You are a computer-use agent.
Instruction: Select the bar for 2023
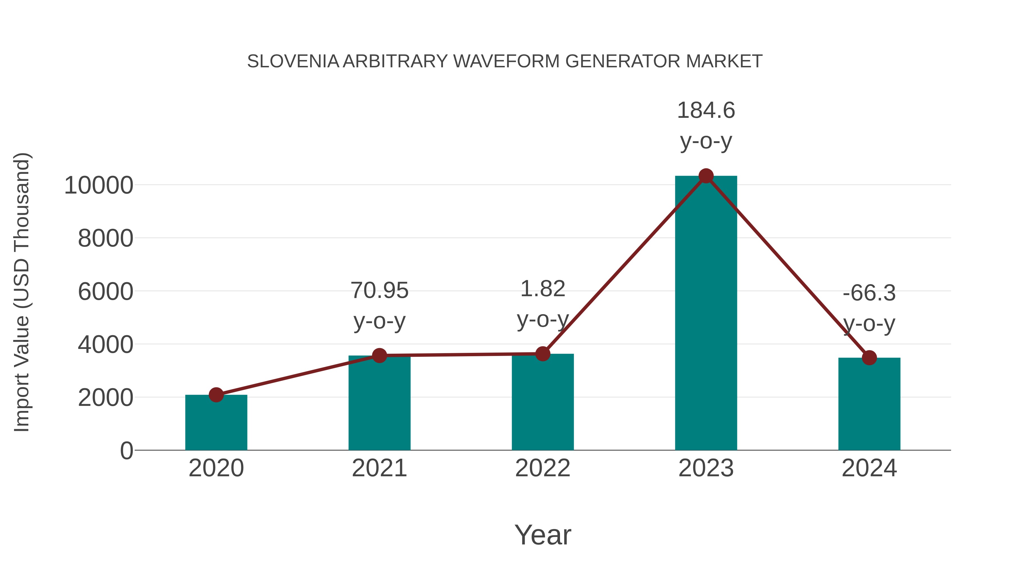coord(706,314)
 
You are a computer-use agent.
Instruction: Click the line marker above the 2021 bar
coord(379,356)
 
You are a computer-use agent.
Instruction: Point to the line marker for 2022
coord(543,354)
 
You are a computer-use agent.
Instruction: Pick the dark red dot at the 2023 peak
coord(706,176)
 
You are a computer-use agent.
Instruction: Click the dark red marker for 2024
coord(869,358)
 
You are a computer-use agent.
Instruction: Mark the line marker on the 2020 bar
coord(216,395)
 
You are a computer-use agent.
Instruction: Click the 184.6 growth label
coord(706,111)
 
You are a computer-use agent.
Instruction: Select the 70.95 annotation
coord(379,291)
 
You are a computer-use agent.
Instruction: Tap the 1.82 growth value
coord(543,289)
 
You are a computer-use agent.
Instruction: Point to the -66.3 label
coord(869,293)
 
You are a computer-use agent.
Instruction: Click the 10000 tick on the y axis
coord(99,185)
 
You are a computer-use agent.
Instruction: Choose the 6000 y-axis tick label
coord(105,292)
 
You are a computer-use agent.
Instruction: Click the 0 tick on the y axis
coord(126,451)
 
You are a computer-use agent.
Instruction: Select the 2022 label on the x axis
coord(543,468)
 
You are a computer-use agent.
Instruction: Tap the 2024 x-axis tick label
coord(869,468)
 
